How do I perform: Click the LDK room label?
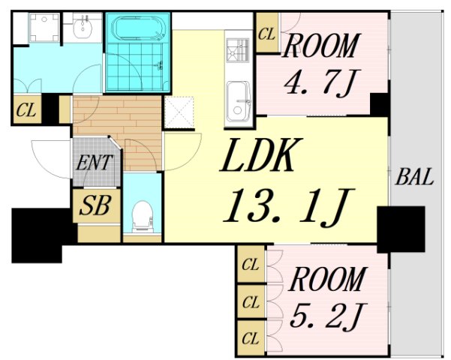[261, 155]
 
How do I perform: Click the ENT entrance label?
[94, 163]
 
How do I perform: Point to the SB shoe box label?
[95, 206]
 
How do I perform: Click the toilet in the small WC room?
[142, 217]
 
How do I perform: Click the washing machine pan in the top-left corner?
[44, 28]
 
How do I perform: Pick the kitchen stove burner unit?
[238, 50]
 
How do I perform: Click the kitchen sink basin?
[238, 102]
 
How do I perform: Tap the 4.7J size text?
[318, 82]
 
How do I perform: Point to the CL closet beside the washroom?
[27, 109]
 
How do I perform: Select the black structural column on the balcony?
[401, 229]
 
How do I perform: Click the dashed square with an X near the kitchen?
[179, 112]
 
